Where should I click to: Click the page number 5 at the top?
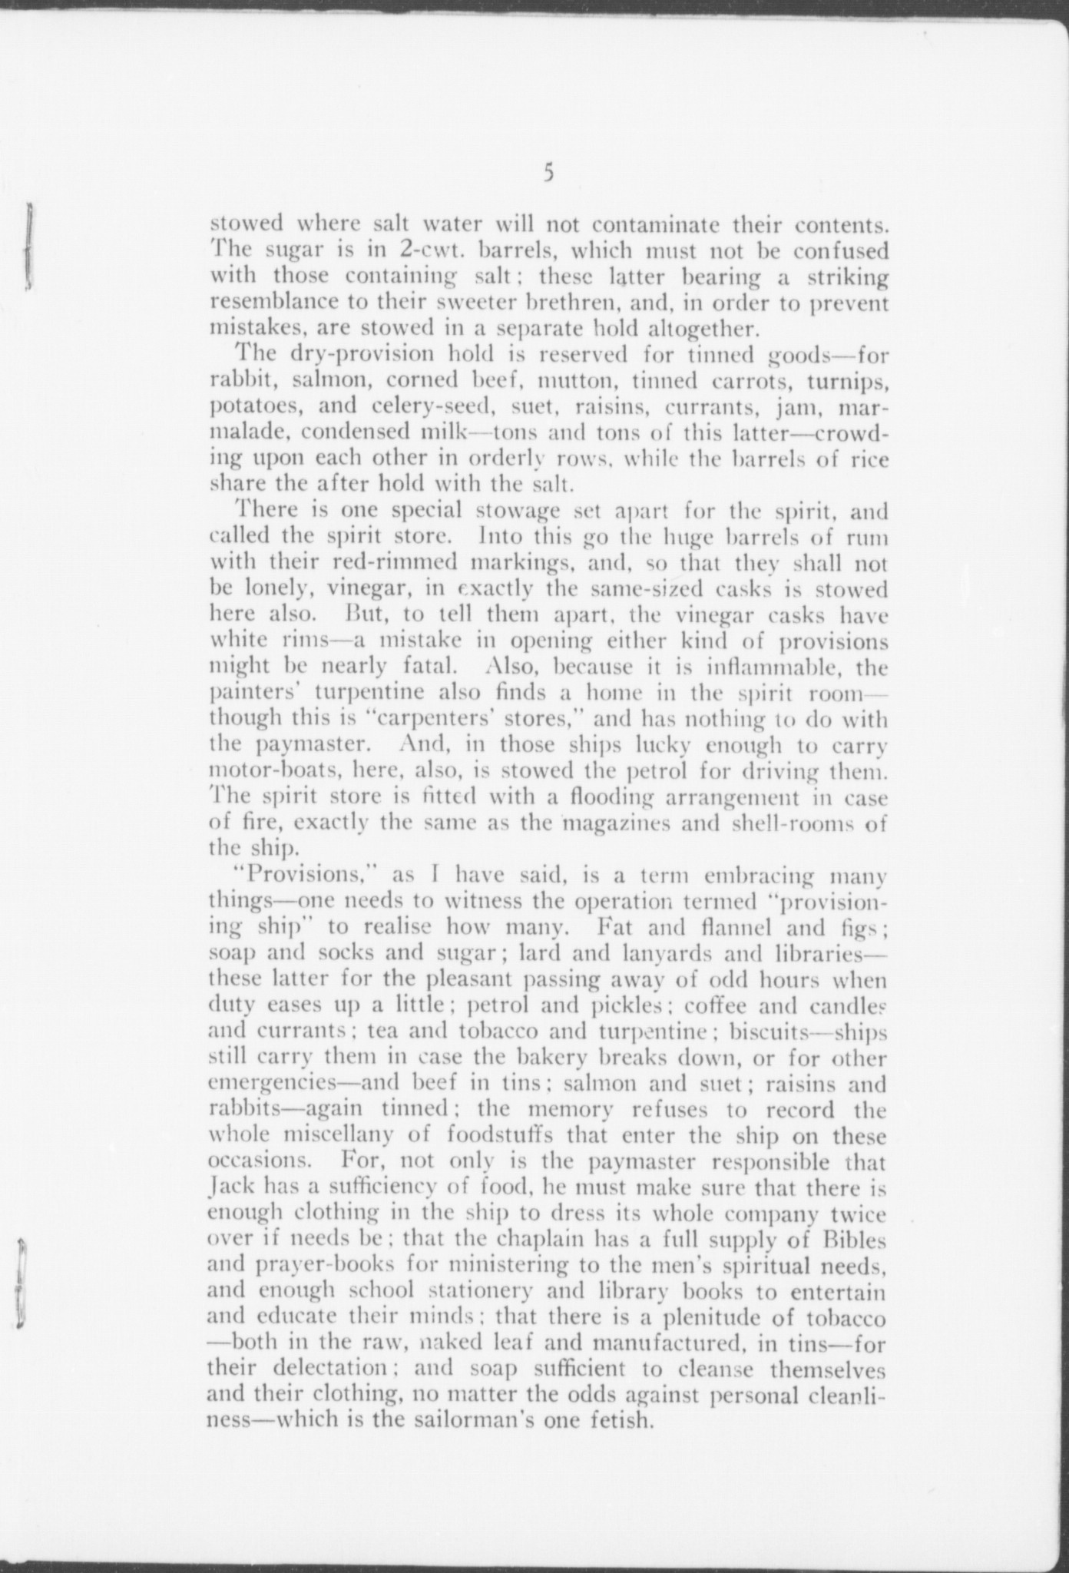547,174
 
